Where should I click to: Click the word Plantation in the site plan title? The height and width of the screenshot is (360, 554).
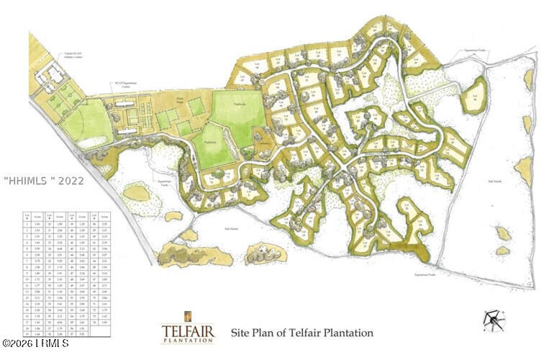click(349, 333)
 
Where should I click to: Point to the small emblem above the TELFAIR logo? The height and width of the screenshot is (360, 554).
click(187, 316)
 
